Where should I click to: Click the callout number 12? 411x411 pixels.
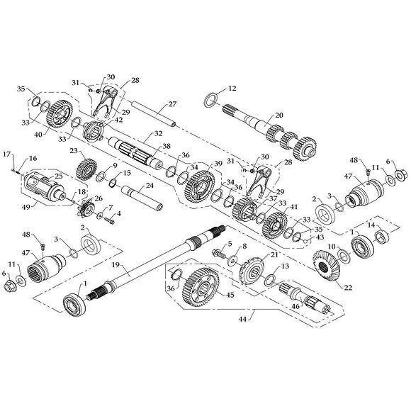[232, 89]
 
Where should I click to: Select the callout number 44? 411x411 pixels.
[242, 320]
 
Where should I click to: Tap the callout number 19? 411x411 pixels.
[116, 265]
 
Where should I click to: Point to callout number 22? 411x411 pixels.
[348, 288]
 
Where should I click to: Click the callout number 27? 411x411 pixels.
[172, 104]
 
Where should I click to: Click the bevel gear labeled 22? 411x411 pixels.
[326, 267]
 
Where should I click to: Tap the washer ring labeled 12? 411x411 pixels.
[210, 100]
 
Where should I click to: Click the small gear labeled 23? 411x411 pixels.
[86, 170]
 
